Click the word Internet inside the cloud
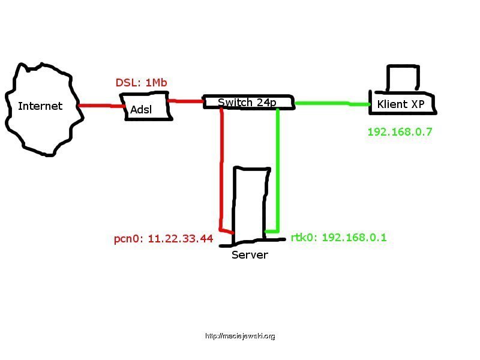point(40,106)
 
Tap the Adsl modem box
point(146,106)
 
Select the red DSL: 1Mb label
point(141,82)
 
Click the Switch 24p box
point(249,102)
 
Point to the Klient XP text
point(400,104)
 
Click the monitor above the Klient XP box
point(403,78)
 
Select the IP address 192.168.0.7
point(400,131)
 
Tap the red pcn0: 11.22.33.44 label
point(163,238)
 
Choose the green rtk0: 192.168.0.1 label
point(338,237)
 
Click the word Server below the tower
point(250,254)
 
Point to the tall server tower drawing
point(251,206)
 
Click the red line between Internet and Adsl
point(102,106)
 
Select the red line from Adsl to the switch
point(186,100)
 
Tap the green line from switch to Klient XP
point(332,104)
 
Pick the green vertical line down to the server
point(278,170)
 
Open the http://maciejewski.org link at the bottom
point(240,336)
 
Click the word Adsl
point(141,109)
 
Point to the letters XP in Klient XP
point(418,104)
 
